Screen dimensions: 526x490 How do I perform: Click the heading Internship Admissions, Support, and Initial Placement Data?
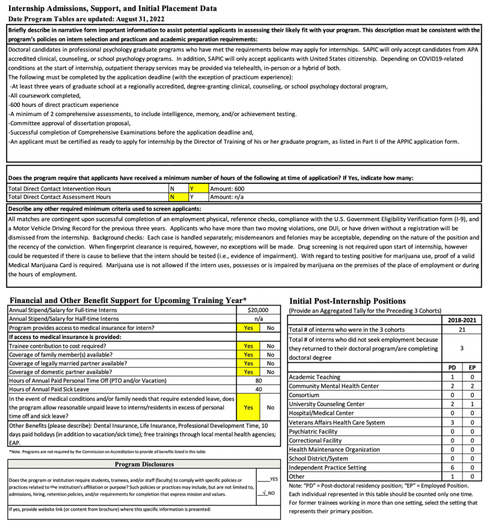(x=112, y=8)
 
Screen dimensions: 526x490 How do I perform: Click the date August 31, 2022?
(x=142, y=19)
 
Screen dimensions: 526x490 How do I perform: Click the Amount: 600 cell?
(x=227, y=188)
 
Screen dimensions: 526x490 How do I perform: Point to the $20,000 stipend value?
(x=258, y=310)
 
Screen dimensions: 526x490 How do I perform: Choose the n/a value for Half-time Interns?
(x=258, y=319)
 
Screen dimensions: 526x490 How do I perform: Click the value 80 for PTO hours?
(x=258, y=380)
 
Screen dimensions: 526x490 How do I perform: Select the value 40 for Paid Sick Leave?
(x=258, y=389)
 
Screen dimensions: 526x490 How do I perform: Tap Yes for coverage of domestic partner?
(x=248, y=371)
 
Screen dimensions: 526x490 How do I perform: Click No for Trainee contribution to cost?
(x=270, y=345)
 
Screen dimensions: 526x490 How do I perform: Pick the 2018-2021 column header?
(x=462, y=320)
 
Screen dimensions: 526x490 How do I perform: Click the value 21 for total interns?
(x=462, y=329)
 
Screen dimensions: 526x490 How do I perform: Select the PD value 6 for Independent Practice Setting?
(x=452, y=467)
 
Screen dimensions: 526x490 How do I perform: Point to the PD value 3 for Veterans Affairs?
(x=452, y=422)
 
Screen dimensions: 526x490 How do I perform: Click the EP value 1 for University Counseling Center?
(x=471, y=404)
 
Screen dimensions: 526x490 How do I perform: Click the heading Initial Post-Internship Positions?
(x=347, y=301)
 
